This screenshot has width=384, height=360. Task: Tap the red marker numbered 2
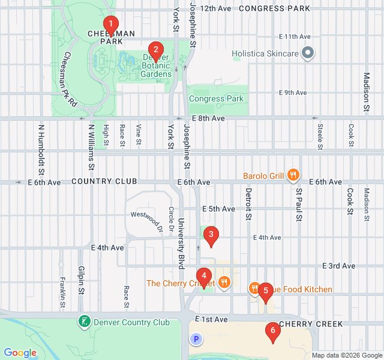point(156,50)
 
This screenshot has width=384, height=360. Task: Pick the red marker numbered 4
point(204,277)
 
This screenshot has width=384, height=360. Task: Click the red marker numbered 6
point(273,331)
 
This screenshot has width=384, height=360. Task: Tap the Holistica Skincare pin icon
point(308,53)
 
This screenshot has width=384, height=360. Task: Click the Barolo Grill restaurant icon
point(293,176)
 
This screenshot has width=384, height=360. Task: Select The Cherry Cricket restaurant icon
point(224,283)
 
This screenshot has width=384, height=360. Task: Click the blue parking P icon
point(196,340)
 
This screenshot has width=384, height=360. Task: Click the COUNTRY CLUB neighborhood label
point(104,181)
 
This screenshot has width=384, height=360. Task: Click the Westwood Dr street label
point(146,221)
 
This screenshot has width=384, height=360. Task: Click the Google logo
point(20,352)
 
